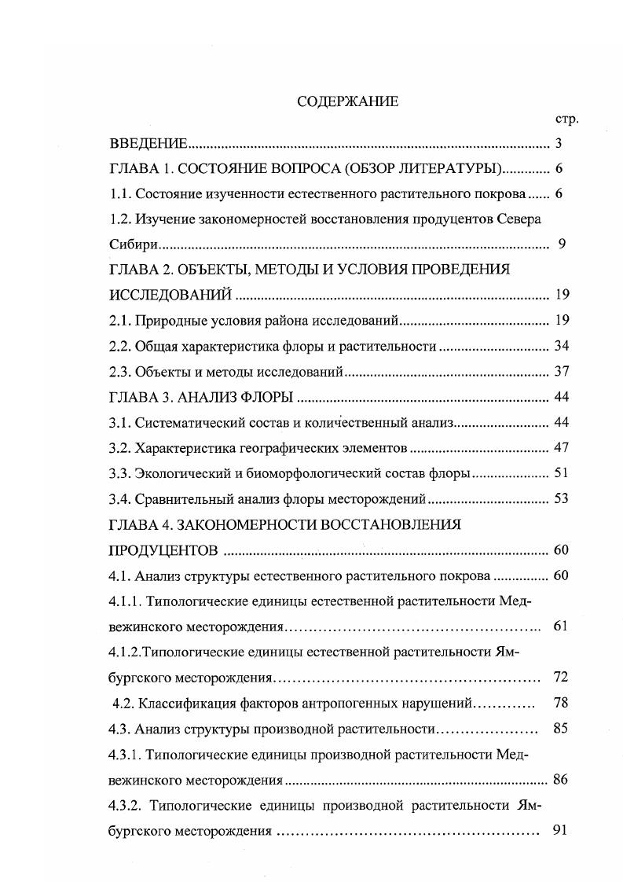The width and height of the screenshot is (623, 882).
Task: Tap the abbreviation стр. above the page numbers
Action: pos(566,119)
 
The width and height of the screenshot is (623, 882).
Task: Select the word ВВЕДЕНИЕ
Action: pos(148,144)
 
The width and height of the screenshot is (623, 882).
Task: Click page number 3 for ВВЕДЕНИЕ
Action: pos(558,144)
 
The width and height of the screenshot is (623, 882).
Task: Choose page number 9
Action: pos(562,244)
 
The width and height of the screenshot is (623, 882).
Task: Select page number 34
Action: pos(561,346)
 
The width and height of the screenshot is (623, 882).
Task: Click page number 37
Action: pos(561,371)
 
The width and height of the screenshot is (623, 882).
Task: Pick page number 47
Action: pos(561,447)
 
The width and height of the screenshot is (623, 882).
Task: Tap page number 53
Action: pos(561,498)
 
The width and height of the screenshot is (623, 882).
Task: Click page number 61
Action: pos(560,627)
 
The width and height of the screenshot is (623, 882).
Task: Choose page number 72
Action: pos(560,677)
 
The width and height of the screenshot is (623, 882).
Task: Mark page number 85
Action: pos(560,728)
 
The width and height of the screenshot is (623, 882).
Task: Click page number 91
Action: pos(560,831)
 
